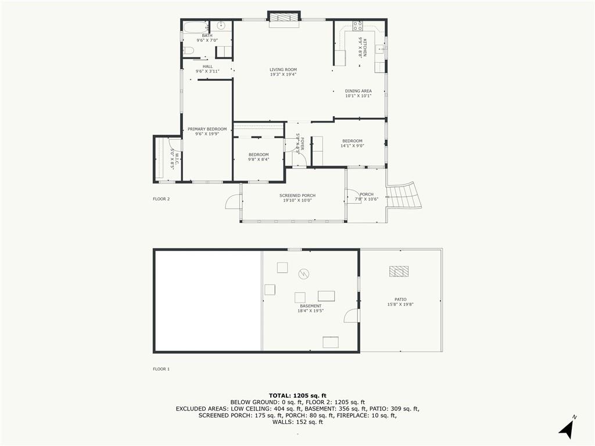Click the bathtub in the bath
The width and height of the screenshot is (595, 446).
pos(195,26)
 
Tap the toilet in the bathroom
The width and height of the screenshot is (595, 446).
pos(188,51)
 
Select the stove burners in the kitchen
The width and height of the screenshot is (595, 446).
pos(358,26)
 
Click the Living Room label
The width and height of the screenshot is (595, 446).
pos(283,70)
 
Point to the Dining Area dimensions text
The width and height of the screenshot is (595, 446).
pos(358,96)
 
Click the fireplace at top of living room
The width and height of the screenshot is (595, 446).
pos(284,19)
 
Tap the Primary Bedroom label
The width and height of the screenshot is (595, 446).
pos(207,129)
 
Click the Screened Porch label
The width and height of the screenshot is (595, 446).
pos(297,196)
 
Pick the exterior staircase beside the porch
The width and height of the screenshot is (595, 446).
pos(404,196)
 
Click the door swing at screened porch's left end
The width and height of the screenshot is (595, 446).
pos(234,201)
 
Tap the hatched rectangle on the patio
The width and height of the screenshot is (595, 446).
pos(399,271)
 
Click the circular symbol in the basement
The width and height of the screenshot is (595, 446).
pos(304,273)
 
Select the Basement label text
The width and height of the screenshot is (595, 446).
pos(310,306)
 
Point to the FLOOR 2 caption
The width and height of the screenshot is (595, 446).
pos(161,199)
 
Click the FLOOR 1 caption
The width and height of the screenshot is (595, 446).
pos(161,369)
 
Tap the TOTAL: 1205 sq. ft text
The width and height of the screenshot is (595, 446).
pos(297,395)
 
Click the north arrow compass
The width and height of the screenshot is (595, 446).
pos(568,428)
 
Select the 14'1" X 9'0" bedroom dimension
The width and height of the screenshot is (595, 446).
pos(352,146)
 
